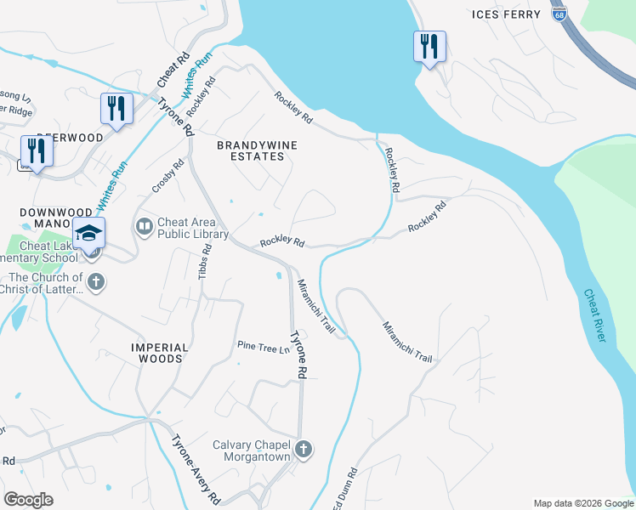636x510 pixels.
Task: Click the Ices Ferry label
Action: [x=506, y=14]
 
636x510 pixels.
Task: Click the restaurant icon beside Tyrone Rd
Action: [x=116, y=108]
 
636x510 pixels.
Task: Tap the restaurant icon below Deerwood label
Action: [x=37, y=150]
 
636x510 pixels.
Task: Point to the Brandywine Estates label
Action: [x=257, y=150]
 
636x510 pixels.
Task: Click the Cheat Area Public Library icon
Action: [x=144, y=225]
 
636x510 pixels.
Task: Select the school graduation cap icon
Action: [x=89, y=232]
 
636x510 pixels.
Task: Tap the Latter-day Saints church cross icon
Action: [x=96, y=282]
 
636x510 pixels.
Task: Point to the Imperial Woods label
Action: [x=157, y=353]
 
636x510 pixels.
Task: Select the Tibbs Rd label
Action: [x=204, y=261]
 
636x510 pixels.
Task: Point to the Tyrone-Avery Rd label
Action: [x=197, y=470]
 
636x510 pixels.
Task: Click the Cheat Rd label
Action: [x=173, y=71]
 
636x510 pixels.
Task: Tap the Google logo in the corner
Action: [x=28, y=499]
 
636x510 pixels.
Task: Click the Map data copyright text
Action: [x=583, y=503]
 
